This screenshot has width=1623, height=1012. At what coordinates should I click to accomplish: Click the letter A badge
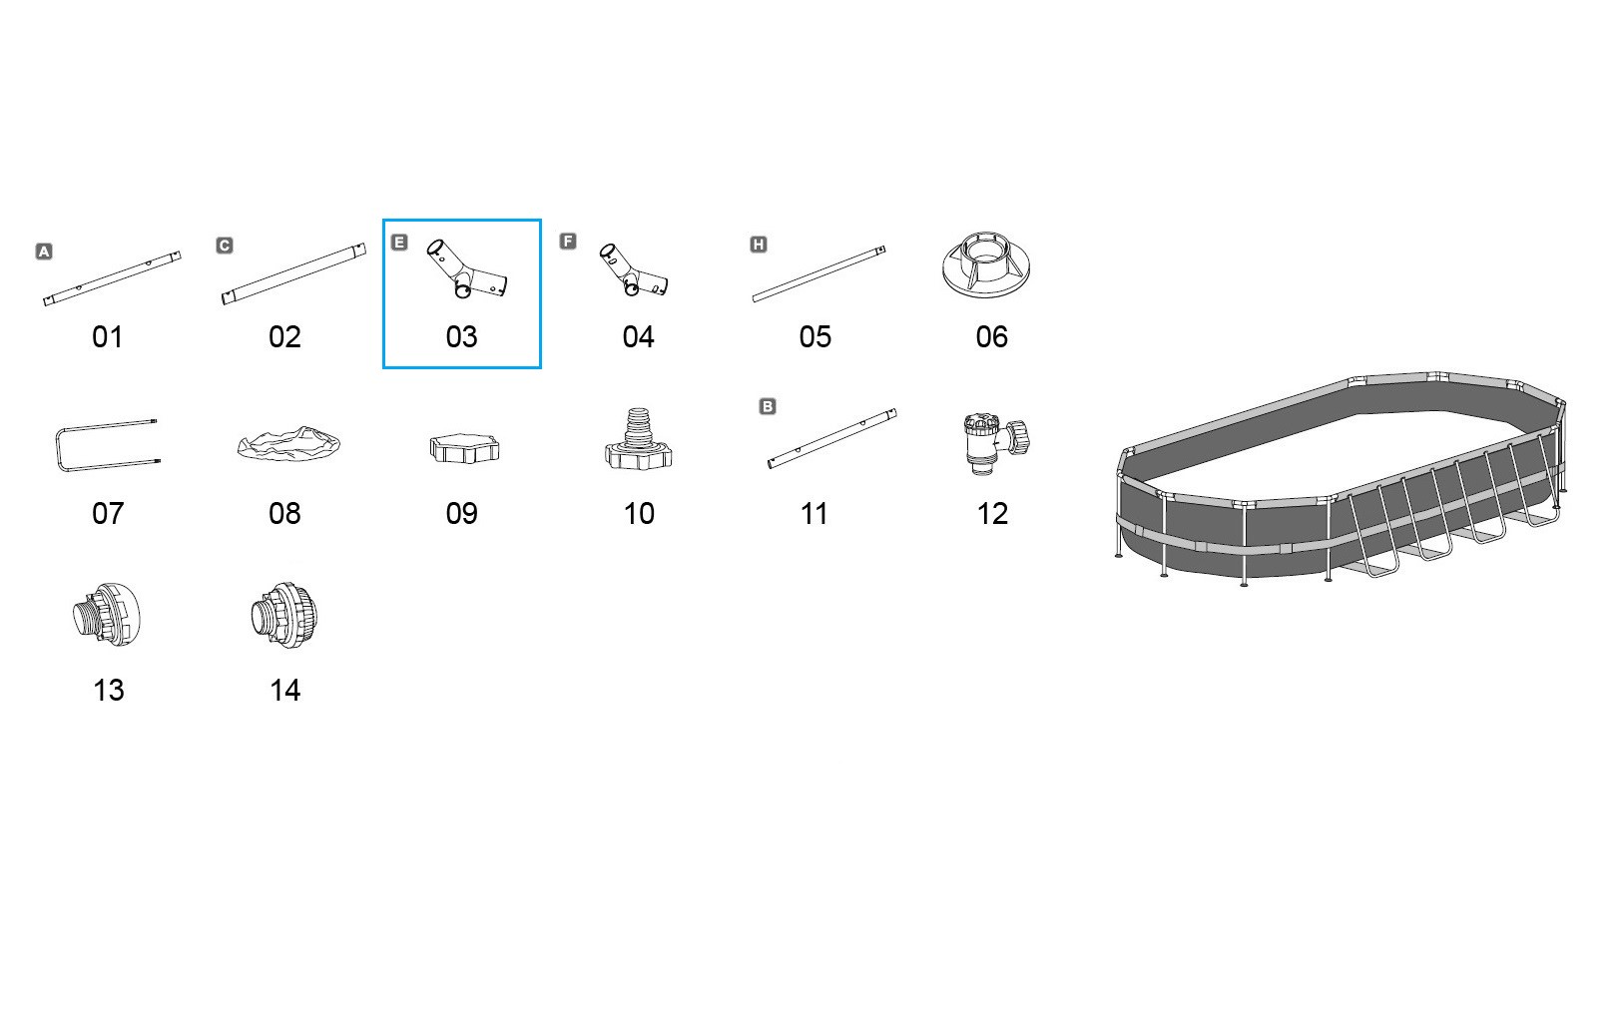click(x=44, y=252)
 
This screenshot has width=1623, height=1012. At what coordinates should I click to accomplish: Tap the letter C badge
click(x=225, y=246)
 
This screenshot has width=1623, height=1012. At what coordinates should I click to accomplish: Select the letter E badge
click(x=399, y=242)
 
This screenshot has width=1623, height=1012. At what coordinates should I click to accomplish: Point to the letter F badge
click(x=568, y=242)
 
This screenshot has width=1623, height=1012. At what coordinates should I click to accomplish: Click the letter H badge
click(x=759, y=245)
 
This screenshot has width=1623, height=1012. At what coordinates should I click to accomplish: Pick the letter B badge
click(x=768, y=406)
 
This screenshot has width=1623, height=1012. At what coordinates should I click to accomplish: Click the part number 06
click(x=991, y=337)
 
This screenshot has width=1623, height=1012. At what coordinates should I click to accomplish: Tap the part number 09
click(x=461, y=514)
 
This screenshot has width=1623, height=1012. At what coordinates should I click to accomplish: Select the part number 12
click(x=992, y=514)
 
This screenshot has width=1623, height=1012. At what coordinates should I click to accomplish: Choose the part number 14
click(x=284, y=691)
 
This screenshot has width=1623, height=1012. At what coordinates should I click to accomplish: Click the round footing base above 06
click(x=985, y=264)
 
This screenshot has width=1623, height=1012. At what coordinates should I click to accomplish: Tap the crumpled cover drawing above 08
click(x=288, y=443)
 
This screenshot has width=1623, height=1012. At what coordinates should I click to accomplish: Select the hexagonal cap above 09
click(x=464, y=449)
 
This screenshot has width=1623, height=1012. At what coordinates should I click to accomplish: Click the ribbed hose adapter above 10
click(x=639, y=440)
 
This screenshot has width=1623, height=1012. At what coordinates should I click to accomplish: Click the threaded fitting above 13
click(x=107, y=615)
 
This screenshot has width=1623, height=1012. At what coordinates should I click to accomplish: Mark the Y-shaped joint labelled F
click(x=633, y=271)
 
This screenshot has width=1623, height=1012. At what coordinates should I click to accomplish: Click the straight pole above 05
click(x=818, y=273)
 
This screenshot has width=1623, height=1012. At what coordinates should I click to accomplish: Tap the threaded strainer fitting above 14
click(x=283, y=615)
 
